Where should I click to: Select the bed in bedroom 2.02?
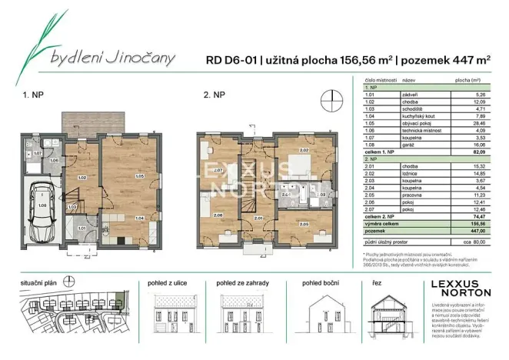296,166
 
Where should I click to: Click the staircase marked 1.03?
72,206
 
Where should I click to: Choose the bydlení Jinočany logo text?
112,57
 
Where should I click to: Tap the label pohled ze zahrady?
242,283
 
